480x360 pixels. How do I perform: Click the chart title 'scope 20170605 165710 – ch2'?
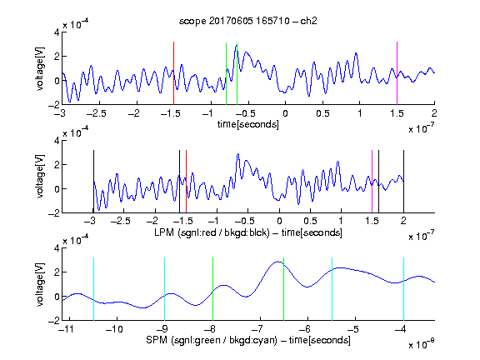point(248,21)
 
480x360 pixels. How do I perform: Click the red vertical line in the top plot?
point(173,73)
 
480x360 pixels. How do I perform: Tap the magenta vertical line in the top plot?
point(397,73)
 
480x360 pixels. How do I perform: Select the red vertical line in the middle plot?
point(186,181)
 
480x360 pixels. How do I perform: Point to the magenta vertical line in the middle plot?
point(372,181)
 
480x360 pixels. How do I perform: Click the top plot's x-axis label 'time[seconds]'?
point(248,124)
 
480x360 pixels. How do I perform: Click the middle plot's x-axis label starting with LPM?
point(248,232)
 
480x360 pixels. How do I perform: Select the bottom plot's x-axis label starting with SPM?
point(248,340)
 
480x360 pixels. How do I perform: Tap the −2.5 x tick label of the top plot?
point(96,113)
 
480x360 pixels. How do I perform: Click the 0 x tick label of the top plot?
point(285,113)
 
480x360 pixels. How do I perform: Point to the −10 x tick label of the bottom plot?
point(114,329)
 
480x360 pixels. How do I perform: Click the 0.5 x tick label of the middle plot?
point(310,221)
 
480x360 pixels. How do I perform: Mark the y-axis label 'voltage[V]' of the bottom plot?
point(40,284)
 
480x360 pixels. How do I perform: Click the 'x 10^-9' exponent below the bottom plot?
point(422,343)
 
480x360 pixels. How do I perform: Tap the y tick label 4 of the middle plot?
point(57,141)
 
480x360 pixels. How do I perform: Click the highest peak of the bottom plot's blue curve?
point(278,262)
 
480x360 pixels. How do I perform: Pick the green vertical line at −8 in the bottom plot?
point(212,289)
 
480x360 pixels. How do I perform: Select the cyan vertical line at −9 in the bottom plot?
point(165,289)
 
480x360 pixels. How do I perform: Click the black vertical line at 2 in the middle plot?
point(404,181)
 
